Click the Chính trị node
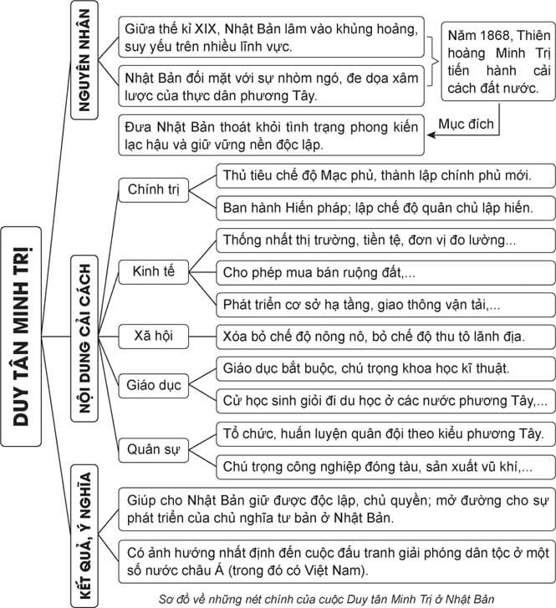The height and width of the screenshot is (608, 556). (x=154, y=190)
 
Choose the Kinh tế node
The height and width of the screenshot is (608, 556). (x=154, y=272)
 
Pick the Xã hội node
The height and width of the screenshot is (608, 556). (x=154, y=336)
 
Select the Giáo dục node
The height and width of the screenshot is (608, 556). (x=154, y=385)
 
